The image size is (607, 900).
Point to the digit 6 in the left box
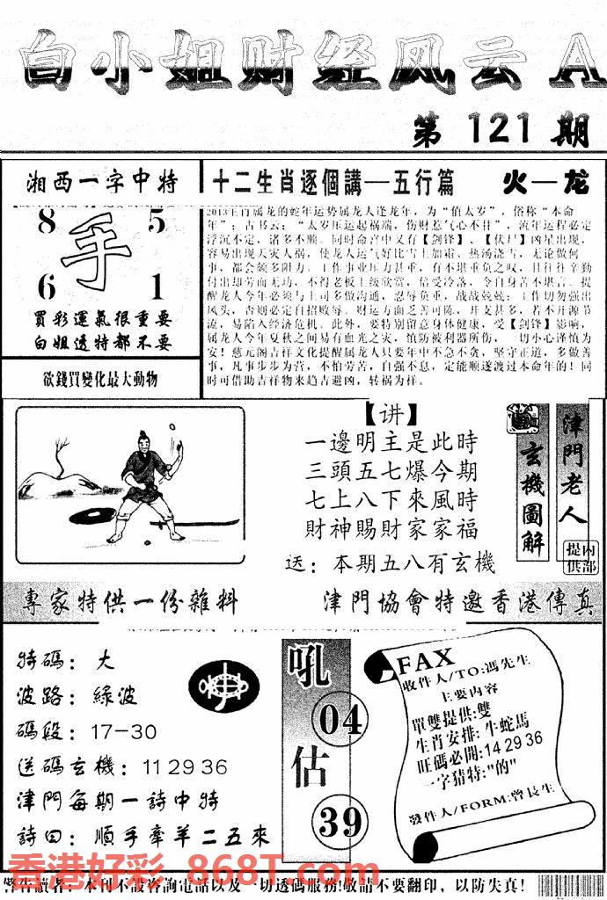point(45,287)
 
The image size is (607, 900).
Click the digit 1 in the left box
point(157,287)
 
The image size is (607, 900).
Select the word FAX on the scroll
point(426,658)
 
